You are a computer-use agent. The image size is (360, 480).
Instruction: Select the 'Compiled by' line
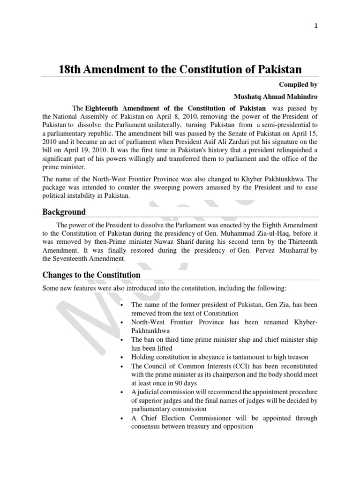point(299,85)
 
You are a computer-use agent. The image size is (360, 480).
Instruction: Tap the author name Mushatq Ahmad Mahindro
point(276,97)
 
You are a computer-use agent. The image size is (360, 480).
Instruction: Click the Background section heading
point(64,212)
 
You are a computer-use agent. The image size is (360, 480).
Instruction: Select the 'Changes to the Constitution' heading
point(91,275)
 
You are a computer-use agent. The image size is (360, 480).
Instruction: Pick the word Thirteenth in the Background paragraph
point(301,241)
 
